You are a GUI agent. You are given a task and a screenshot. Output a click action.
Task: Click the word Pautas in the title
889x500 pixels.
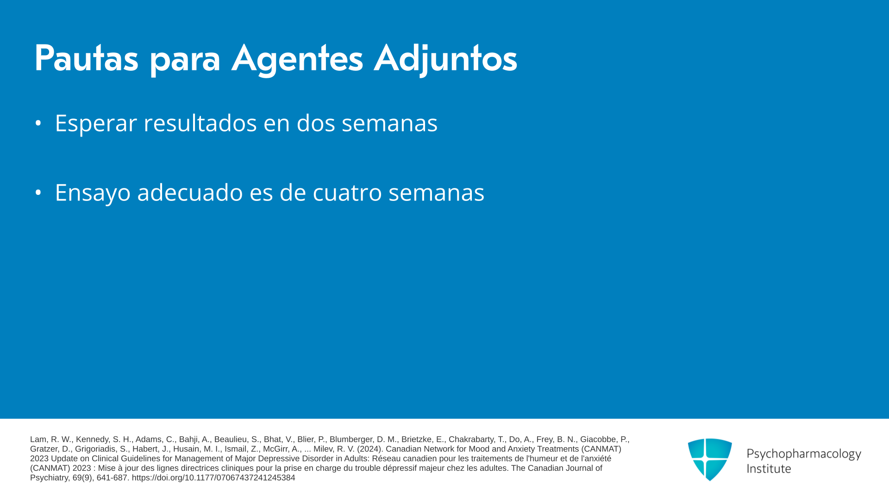[87, 58]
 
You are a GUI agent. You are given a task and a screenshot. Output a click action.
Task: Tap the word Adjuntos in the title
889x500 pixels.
[445, 59]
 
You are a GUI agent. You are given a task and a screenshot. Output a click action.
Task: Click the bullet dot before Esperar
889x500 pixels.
[38, 123]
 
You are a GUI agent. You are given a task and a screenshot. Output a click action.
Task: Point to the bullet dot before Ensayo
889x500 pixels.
[38, 193]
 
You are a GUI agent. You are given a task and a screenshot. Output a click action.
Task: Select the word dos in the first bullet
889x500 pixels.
[316, 123]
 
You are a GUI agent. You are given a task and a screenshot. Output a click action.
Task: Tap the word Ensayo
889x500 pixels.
[93, 193]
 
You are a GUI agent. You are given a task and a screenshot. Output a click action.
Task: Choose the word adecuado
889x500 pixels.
[190, 192]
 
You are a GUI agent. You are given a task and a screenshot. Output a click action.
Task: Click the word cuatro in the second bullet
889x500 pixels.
[347, 193]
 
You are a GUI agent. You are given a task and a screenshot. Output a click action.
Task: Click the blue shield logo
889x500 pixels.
[710, 459]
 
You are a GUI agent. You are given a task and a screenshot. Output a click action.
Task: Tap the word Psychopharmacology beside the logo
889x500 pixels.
[804, 454]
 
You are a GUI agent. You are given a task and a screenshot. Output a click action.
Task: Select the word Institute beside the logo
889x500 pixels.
[769, 469]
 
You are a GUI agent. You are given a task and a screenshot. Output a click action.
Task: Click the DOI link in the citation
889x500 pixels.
[213, 478]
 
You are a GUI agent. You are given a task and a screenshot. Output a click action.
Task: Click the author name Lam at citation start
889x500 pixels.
[38, 439]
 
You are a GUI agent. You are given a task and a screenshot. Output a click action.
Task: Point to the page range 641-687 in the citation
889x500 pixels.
[112, 478]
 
